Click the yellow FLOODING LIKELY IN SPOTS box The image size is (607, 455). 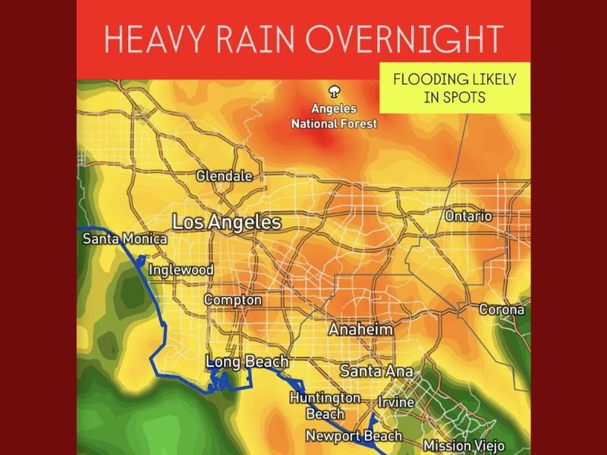[454, 88]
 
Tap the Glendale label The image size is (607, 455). [224, 176]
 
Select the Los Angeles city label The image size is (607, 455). [227, 223]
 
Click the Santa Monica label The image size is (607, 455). [124, 240]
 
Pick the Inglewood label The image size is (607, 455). [181, 270]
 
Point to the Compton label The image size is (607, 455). [233, 300]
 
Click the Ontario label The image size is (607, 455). [468, 217]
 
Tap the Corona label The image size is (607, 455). [502, 310]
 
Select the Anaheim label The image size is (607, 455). [360, 331]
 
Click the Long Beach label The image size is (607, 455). [247, 362]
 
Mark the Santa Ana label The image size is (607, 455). [376, 372]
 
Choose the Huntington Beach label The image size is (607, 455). [325, 406]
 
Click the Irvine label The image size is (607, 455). [396, 402]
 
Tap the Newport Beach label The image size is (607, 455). [354, 436]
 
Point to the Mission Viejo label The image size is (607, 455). [463, 446]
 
